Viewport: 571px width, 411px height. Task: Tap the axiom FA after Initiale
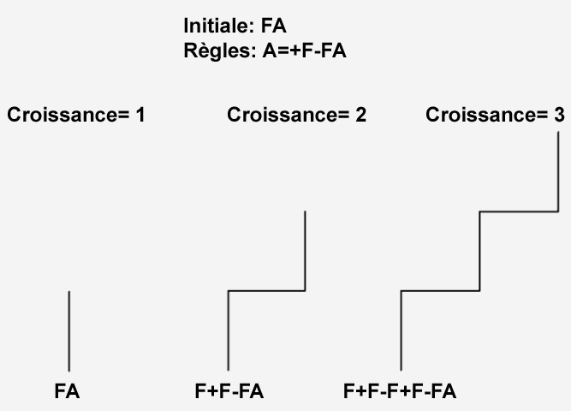point(273,27)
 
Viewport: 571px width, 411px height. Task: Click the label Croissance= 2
point(296,115)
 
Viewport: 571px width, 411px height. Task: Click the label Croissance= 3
point(495,115)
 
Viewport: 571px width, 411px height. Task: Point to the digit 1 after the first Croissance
point(139,115)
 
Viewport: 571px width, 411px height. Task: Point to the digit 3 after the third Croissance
point(558,115)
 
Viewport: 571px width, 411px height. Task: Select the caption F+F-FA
point(229,392)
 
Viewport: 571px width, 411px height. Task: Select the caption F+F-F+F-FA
point(399,392)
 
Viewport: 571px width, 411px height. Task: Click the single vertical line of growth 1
point(68,331)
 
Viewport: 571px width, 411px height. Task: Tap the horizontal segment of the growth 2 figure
point(266,291)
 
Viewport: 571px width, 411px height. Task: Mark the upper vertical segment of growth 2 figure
point(305,250)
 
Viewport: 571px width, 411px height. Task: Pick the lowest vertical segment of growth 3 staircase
point(401,331)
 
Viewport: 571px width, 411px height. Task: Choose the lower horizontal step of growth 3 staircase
point(440,291)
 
